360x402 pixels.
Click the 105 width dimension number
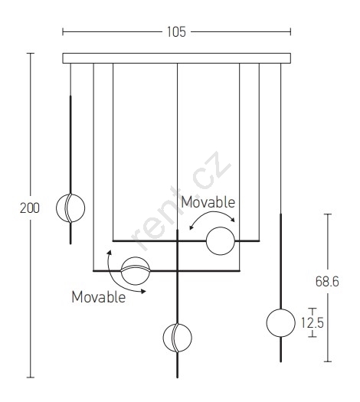(176, 32)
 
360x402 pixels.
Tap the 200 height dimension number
(30, 208)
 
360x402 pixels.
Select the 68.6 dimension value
(327, 281)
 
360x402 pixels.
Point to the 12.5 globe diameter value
(313, 323)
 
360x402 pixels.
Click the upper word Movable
(208, 202)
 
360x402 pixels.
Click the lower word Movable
(99, 297)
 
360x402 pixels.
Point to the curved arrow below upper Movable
(212, 212)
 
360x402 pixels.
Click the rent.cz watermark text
(181, 201)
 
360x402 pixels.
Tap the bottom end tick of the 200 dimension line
(31, 377)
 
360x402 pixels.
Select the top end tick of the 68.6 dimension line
(327, 214)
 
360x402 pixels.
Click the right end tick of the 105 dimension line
(290, 32)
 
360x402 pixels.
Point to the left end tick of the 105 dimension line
(63, 32)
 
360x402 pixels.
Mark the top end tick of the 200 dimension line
(31, 54)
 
